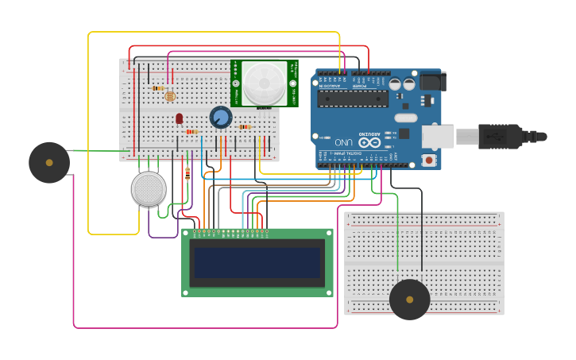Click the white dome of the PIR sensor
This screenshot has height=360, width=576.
(x=264, y=82)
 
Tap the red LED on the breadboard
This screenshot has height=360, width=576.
(x=179, y=118)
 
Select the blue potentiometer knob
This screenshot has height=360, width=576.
(x=220, y=118)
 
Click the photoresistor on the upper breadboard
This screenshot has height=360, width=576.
(x=169, y=96)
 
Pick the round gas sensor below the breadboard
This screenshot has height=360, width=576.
(x=149, y=189)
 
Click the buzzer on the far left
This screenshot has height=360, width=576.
(x=49, y=162)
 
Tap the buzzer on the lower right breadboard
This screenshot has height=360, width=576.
(x=409, y=300)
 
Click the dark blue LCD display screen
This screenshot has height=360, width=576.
(x=257, y=262)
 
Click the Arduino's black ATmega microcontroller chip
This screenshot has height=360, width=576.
(x=353, y=99)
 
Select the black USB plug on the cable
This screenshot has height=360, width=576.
(x=500, y=137)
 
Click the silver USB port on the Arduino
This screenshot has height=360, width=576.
(x=437, y=137)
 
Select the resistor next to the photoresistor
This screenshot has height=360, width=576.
(x=158, y=87)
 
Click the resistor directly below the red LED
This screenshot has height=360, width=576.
(x=191, y=131)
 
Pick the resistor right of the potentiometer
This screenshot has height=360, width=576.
(x=245, y=126)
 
